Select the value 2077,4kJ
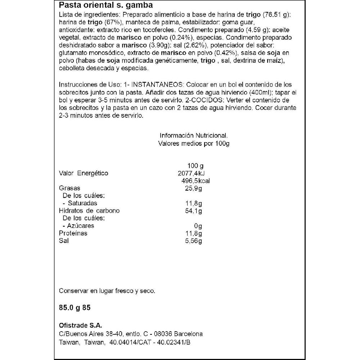pos(191,173)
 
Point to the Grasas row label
pos(69,188)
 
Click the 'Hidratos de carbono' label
pos(89,211)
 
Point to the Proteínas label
pos(73,233)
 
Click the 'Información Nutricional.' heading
pos(194,136)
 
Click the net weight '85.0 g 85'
pos(77,309)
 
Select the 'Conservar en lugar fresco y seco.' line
pos(107,291)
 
